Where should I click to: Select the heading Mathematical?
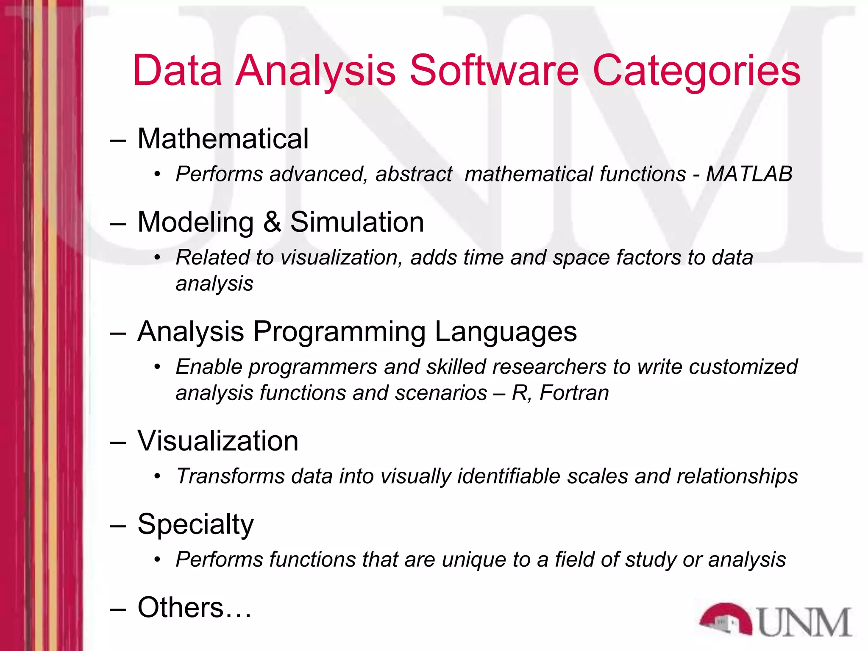[x=223, y=139]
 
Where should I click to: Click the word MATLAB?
[x=749, y=174]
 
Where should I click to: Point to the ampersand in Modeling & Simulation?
[x=272, y=222]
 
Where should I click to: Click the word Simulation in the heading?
[x=357, y=222]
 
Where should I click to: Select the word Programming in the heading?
[x=339, y=332]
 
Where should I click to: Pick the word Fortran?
[x=574, y=393]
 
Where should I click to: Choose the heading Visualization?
[x=218, y=441]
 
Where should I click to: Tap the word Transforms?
[x=230, y=476]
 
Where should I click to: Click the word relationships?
[x=737, y=476]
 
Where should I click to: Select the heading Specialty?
[x=195, y=525]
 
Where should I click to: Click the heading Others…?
[x=195, y=607]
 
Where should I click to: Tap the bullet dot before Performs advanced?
[x=157, y=174]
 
